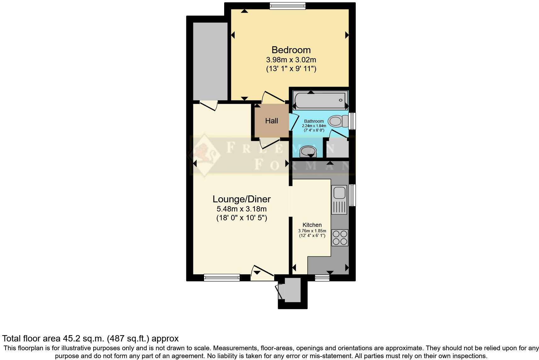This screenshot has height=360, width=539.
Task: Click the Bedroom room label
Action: (x=291, y=50)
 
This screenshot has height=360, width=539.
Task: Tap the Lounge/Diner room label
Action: (x=241, y=199)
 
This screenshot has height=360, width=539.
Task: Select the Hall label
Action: (x=271, y=121)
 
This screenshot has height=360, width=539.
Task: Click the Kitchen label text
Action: (x=312, y=225)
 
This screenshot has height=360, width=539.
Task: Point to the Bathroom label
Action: (x=314, y=121)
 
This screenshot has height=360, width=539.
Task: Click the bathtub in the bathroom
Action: (x=320, y=100)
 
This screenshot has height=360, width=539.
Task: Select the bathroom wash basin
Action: (x=308, y=151)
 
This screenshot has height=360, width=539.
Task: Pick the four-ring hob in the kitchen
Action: (x=340, y=238)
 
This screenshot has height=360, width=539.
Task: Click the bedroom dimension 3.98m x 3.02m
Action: (x=291, y=59)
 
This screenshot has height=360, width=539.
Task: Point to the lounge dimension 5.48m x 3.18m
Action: (x=241, y=209)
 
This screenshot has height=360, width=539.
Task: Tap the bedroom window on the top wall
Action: (x=287, y=6)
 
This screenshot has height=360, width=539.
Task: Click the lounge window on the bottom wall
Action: (x=222, y=277)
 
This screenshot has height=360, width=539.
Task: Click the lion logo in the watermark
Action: (x=204, y=154)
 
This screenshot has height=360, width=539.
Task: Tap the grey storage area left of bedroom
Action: (x=210, y=61)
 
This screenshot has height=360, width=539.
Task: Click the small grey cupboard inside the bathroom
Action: (x=337, y=148)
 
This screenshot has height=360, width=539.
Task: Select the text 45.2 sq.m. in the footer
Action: (x=82, y=339)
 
